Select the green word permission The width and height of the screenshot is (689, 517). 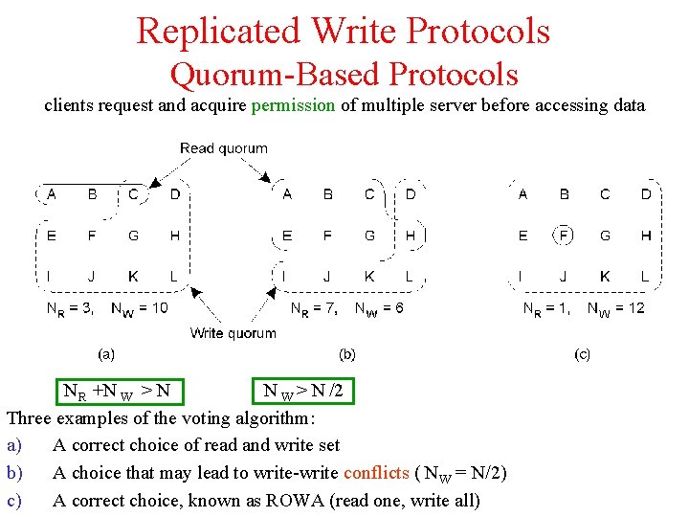pyautogui.click(x=293, y=105)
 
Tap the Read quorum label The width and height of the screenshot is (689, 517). pyautogui.click(x=224, y=147)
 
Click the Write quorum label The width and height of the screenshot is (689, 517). pyautogui.click(x=233, y=333)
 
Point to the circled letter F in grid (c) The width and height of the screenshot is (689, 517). pyautogui.click(x=565, y=236)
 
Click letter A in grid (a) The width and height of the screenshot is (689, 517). pyautogui.click(x=51, y=194)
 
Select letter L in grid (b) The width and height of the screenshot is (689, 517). pyautogui.click(x=409, y=277)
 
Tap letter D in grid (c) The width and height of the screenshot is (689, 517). pyautogui.click(x=646, y=194)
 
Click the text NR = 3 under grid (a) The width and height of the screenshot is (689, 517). pyautogui.click(x=70, y=308)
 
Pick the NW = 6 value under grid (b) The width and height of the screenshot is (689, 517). pyautogui.click(x=379, y=308)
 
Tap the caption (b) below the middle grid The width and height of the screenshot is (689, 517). pyautogui.click(x=347, y=354)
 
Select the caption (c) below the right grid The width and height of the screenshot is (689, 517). pyautogui.click(x=582, y=354)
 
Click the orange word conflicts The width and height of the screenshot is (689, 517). pyautogui.click(x=377, y=473)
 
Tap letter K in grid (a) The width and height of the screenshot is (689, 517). pyautogui.click(x=133, y=277)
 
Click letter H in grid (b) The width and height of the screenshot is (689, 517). pyautogui.click(x=410, y=236)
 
